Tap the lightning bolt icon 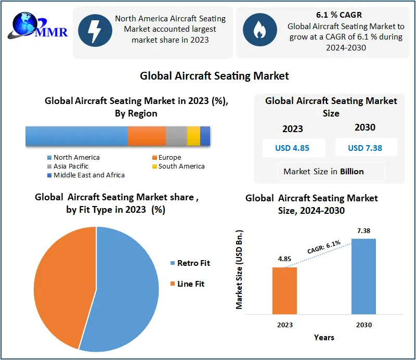(x=94, y=32)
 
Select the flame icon (x=258, y=32)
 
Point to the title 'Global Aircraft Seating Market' (x=214, y=76)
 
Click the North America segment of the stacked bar (x=76, y=136)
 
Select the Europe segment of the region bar (x=147, y=136)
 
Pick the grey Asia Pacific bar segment (x=176, y=136)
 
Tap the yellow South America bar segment (x=193, y=136)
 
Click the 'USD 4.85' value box (x=292, y=148)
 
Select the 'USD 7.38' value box (x=365, y=148)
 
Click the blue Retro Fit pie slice (x=125, y=291)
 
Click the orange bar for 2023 (x=284, y=290)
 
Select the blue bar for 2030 (x=363, y=276)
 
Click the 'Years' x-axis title (x=324, y=338)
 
